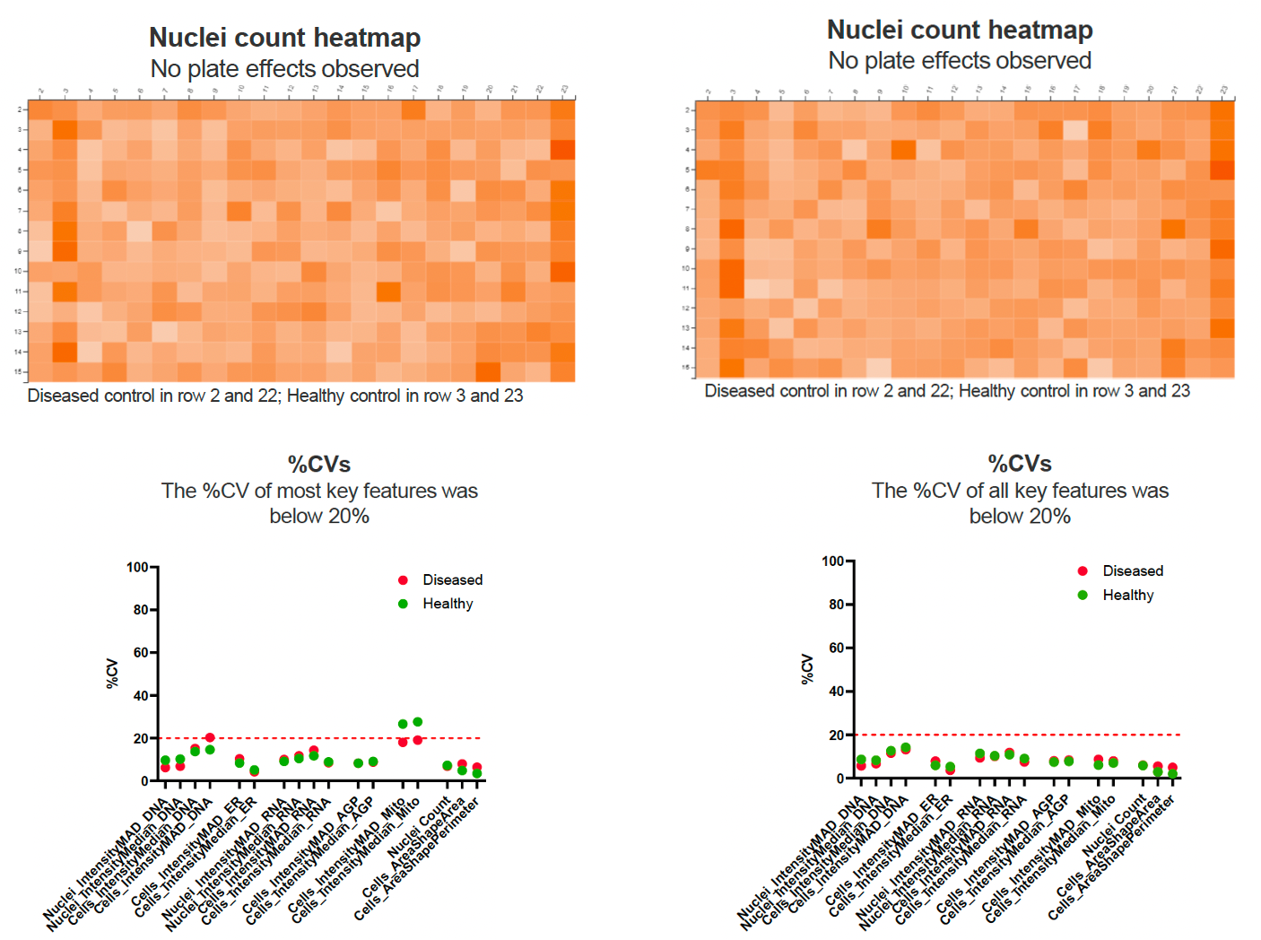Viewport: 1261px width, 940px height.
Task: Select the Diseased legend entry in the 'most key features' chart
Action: (452, 580)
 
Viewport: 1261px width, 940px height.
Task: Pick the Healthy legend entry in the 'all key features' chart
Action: (1127, 596)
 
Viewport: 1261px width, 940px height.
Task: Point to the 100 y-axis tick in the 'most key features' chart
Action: (136, 567)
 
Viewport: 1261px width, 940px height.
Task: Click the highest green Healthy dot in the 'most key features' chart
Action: (417, 722)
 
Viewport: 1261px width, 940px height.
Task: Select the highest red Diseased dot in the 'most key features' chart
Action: (210, 737)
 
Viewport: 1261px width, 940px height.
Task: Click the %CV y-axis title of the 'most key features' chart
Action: (112, 674)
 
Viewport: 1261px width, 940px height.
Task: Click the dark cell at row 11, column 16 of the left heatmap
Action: (388, 292)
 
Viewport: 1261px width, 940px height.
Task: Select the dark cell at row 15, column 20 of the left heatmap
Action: (488, 371)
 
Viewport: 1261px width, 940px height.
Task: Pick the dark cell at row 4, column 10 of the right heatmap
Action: (903, 149)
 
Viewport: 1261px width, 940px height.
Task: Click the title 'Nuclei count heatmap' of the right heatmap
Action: (960, 30)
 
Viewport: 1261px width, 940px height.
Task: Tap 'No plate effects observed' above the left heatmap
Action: (284, 69)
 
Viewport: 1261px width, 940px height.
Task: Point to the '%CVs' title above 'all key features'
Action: (1020, 464)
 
